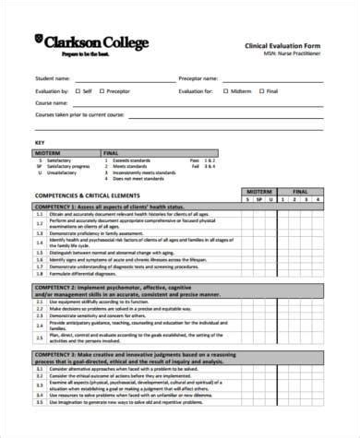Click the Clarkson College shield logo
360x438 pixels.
tap(39, 42)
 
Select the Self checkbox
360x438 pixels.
tap(78, 90)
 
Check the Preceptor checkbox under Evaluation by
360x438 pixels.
tap(102, 90)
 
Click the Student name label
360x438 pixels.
tap(52, 78)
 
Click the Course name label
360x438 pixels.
tap(51, 102)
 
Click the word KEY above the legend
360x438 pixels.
tap(39, 143)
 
